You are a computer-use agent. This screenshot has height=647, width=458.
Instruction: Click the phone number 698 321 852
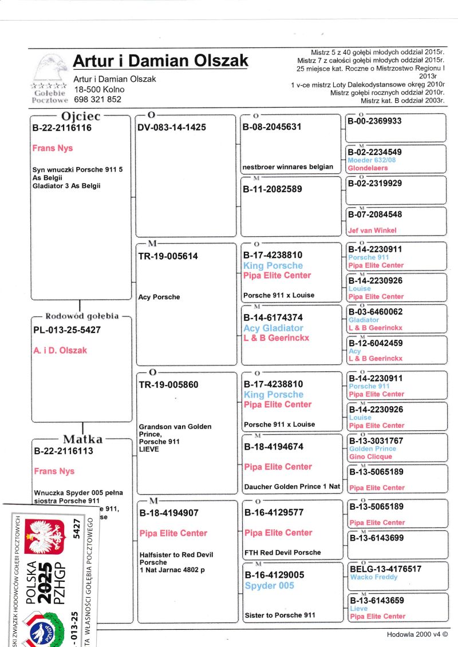click(97, 99)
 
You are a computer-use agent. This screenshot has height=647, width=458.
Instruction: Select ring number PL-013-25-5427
click(67, 330)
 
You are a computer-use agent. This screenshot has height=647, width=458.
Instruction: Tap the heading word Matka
click(83, 439)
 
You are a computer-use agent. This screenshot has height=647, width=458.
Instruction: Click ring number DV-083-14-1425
click(171, 128)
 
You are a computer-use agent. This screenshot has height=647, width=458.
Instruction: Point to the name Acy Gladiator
click(273, 328)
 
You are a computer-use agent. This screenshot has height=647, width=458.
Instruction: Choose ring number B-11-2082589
click(272, 188)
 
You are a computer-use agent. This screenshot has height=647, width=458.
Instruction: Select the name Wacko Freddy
click(373, 577)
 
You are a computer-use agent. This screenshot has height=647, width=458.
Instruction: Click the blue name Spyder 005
click(269, 586)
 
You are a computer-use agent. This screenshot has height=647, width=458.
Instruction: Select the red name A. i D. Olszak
click(60, 350)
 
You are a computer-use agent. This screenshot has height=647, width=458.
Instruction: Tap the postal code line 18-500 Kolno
click(99, 89)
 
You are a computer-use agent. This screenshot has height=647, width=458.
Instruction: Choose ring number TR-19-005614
click(168, 256)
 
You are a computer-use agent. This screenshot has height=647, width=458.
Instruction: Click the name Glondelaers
click(368, 168)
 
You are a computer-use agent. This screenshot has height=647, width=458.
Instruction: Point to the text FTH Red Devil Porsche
click(282, 553)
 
